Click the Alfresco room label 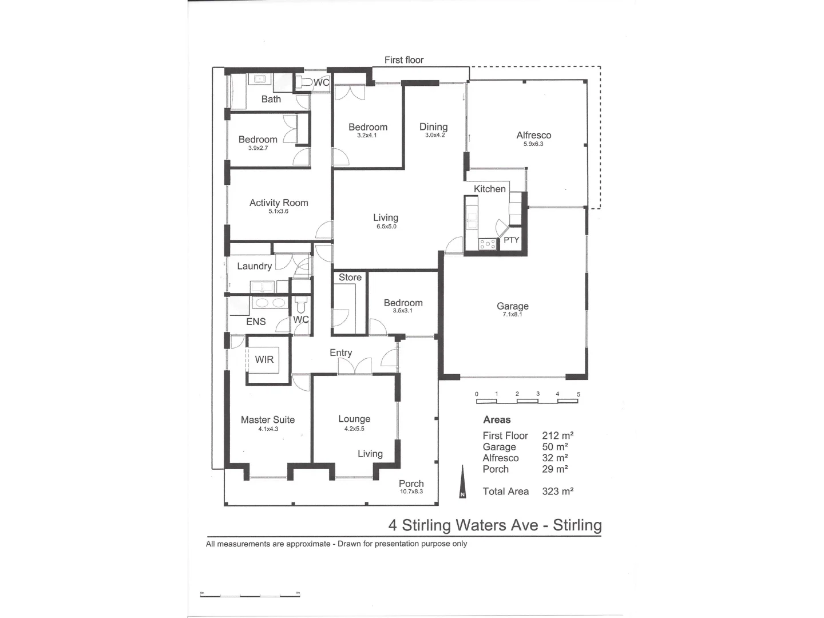click(x=533, y=135)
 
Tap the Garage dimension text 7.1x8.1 click(x=512, y=314)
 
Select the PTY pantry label click(x=511, y=240)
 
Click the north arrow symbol click(x=462, y=482)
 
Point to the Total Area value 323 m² click(x=557, y=491)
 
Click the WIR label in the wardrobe click(x=264, y=359)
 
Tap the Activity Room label click(x=279, y=203)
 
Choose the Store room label click(x=350, y=278)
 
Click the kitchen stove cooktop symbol click(x=488, y=244)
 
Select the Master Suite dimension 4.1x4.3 click(x=268, y=429)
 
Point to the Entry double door click(x=355, y=367)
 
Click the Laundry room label click(x=254, y=266)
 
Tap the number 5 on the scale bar click(x=579, y=394)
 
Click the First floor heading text click(x=404, y=60)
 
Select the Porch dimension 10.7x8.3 click(x=411, y=492)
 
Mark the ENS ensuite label click(x=256, y=322)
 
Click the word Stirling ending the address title click(x=577, y=525)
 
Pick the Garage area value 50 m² click(x=554, y=447)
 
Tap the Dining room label click(x=433, y=126)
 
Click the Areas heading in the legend click(x=497, y=419)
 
